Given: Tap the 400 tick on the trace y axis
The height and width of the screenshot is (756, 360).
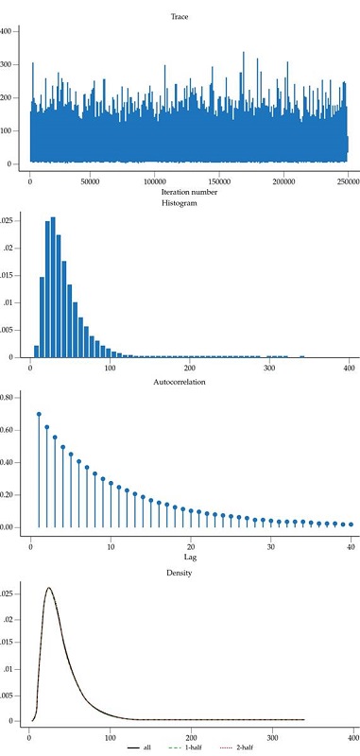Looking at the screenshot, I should tap(8, 31).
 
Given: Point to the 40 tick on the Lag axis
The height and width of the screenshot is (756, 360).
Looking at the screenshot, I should tap(351, 545).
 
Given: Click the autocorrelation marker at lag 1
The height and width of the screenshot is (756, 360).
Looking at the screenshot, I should tap(39, 414).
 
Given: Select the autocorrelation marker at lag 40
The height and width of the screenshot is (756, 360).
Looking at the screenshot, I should tap(351, 524).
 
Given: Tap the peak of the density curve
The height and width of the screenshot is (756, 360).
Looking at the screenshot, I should tap(48, 588).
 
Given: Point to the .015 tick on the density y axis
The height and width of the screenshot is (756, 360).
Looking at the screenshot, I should tap(8, 643).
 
